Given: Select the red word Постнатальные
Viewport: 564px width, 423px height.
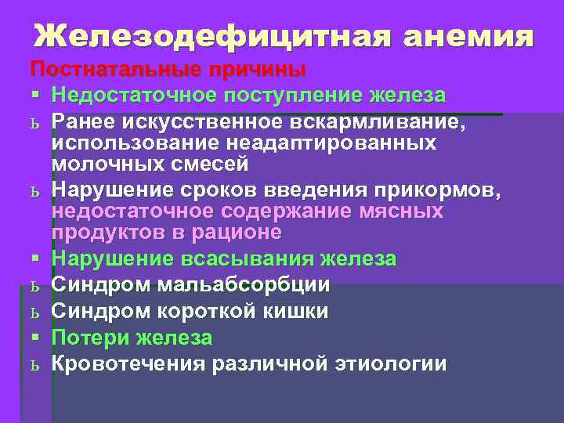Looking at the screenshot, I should coord(114,69).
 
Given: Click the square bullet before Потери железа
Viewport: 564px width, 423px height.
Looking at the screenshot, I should coord(36,338).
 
